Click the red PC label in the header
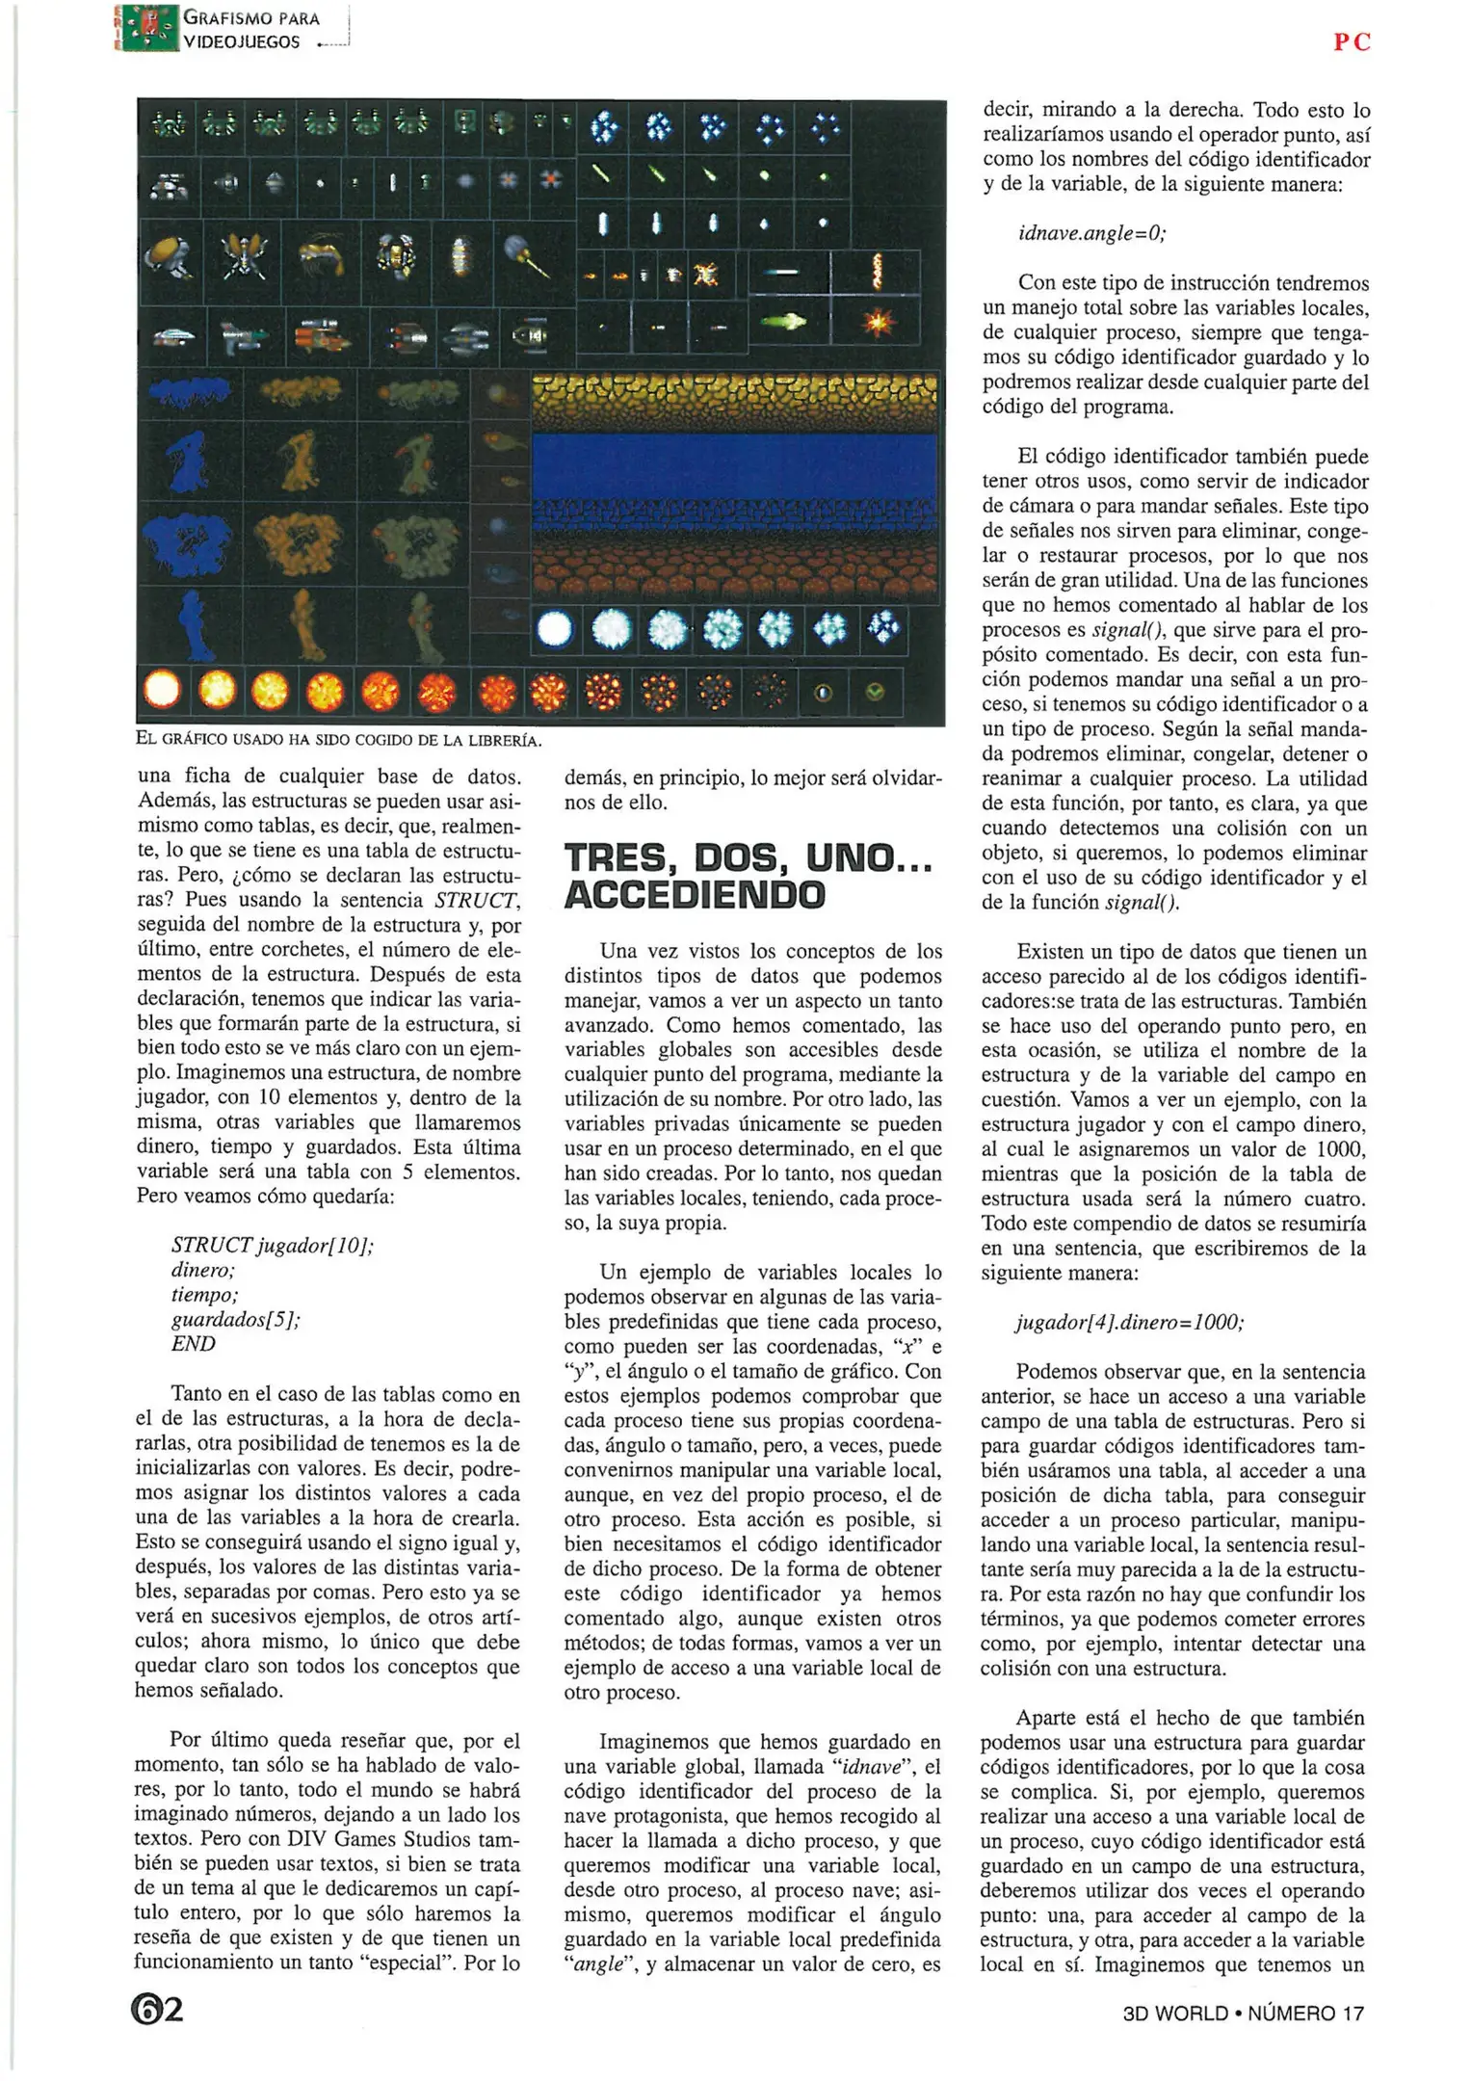1351,41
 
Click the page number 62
158,2009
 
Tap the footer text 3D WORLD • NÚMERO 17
1243,2013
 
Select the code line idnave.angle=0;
1091,233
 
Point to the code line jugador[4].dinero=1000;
1129,1322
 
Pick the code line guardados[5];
236,1319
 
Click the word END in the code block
194,1344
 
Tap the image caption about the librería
339,740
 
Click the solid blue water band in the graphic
734,465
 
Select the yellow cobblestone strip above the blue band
734,400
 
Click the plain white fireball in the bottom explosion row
162,690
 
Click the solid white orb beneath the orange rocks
554,629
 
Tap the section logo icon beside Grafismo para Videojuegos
146,29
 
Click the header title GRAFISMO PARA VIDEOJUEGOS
250,30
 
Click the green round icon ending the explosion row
875,691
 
